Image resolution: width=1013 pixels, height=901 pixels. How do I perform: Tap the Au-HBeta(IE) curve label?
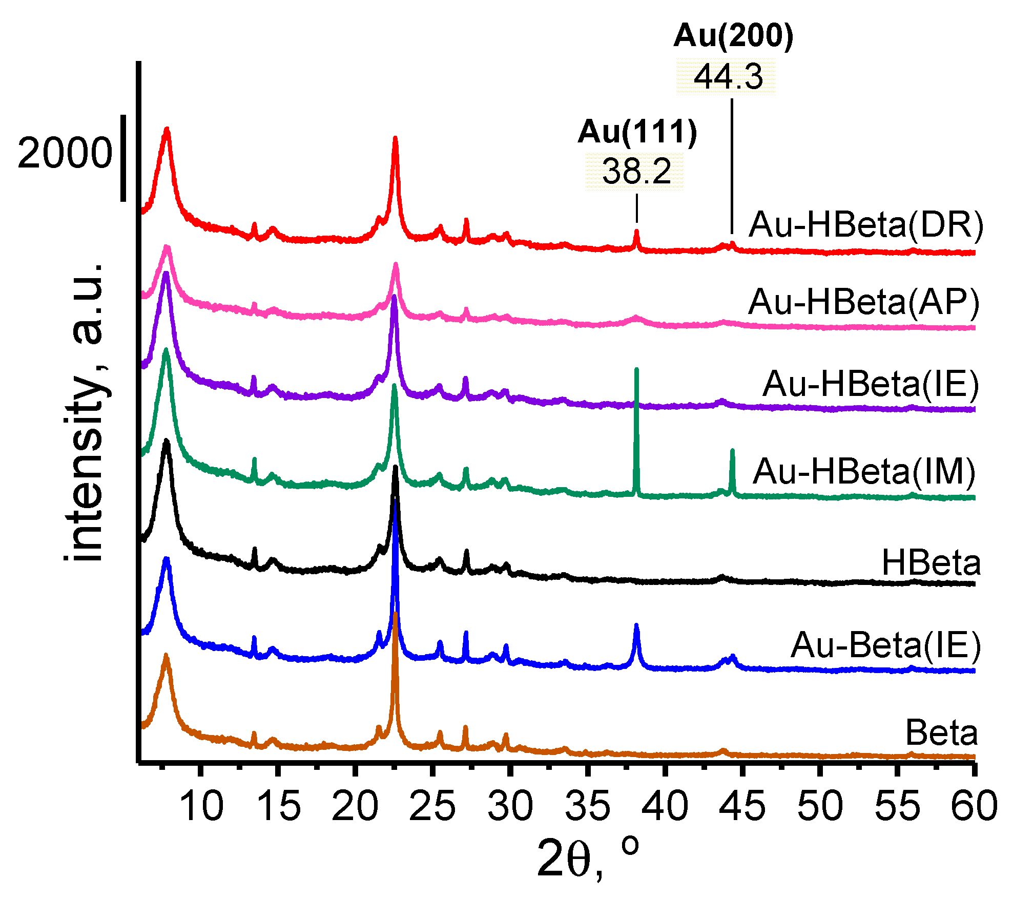(x=871, y=384)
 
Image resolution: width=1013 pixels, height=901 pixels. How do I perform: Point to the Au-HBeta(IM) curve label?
(x=864, y=471)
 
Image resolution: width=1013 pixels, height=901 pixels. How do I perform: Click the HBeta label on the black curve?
(x=931, y=563)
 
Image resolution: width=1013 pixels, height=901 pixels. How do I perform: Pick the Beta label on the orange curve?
(x=942, y=732)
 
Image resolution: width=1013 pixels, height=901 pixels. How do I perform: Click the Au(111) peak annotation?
(x=637, y=132)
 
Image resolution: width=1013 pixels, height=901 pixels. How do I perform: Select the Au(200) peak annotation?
(x=733, y=36)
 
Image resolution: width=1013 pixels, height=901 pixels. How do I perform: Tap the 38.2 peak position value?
(x=636, y=171)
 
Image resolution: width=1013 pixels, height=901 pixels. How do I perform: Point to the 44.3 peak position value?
(x=728, y=77)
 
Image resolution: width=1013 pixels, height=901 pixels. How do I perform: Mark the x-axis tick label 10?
(x=201, y=806)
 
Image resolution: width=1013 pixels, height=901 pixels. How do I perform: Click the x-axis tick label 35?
(x=587, y=806)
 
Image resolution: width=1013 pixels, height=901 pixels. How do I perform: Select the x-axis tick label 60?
(x=974, y=806)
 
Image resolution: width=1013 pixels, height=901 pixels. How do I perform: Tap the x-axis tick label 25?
(x=432, y=806)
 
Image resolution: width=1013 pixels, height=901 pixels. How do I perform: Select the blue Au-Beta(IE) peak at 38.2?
(x=636, y=626)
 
